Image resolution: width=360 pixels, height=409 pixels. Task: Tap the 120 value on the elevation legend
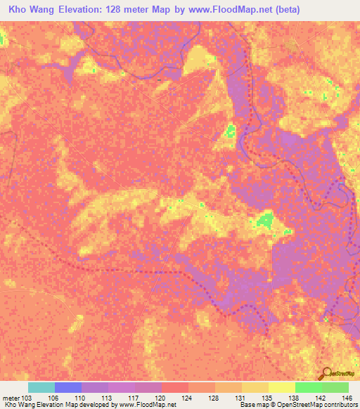(161, 398)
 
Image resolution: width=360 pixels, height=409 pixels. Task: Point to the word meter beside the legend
(11, 398)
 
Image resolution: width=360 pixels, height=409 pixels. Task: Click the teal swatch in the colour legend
(41, 387)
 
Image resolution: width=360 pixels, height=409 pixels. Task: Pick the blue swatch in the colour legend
(68, 387)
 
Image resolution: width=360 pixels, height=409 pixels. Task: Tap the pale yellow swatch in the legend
(282, 387)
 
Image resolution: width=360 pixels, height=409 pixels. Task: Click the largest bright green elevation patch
(264, 222)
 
